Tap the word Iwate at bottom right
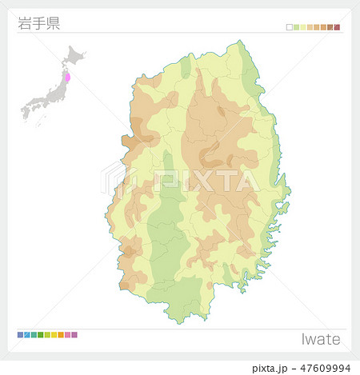[320, 339]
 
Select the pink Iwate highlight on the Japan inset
[67, 79]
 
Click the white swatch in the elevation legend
[290, 27]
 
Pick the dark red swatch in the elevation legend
[337, 27]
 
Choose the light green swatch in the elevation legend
[296, 27]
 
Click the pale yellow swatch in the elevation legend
[303, 27]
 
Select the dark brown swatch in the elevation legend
[330, 27]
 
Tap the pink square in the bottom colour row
[67, 334]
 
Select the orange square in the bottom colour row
[61, 334]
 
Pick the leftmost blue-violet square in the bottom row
[20, 334]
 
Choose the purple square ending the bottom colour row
[74, 334]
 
